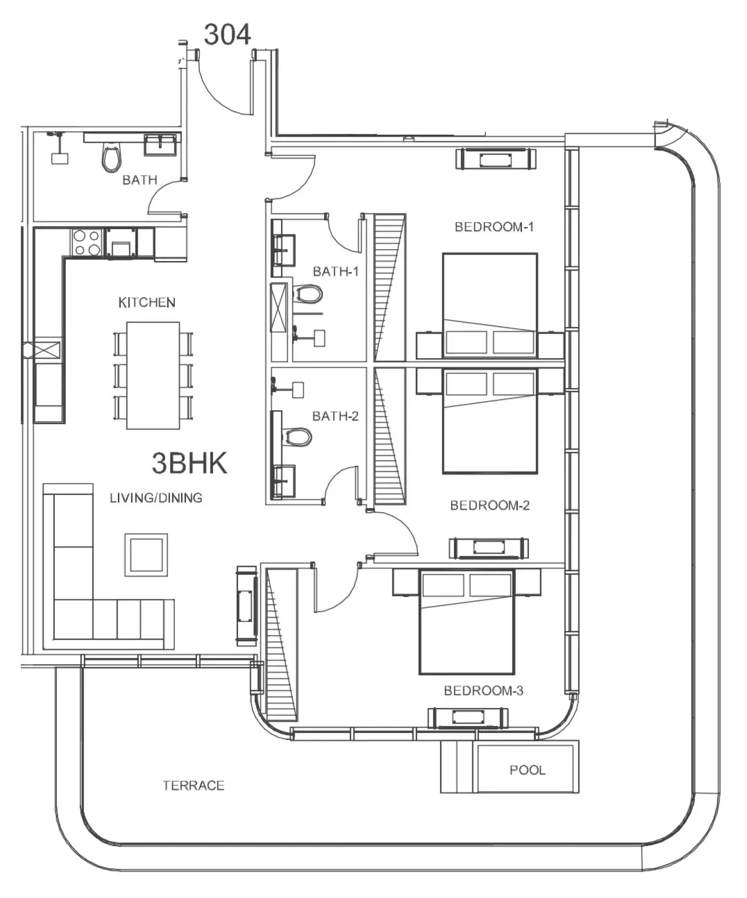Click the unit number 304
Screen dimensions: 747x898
(x=227, y=35)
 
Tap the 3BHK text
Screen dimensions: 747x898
(x=190, y=463)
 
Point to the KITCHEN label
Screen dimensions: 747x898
(x=146, y=303)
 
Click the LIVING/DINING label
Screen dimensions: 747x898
(x=156, y=498)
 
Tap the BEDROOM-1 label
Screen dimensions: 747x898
(x=494, y=227)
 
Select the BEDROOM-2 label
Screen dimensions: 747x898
(x=489, y=505)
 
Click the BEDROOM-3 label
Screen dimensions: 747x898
(x=484, y=691)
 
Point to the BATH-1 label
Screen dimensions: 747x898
(x=335, y=271)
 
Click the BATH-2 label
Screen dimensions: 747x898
(x=335, y=416)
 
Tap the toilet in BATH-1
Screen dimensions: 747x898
(x=308, y=295)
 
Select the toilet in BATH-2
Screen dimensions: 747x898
(x=298, y=437)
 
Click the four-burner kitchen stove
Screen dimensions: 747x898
(x=87, y=243)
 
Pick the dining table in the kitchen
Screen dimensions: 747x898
(x=153, y=375)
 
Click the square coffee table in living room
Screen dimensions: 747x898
(x=146, y=554)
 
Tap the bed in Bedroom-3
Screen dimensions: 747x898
(x=467, y=621)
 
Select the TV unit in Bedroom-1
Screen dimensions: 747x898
(x=496, y=158)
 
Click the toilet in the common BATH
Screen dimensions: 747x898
(x=111, y=157)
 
